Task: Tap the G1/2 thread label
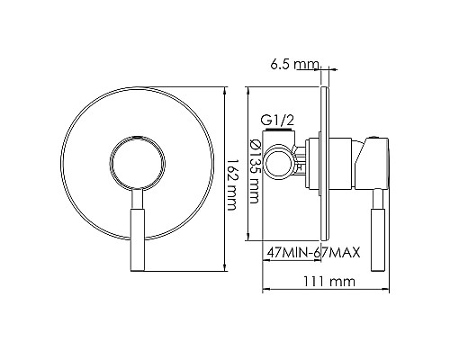point(276,119)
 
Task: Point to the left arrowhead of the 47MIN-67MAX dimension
point(266,262)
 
